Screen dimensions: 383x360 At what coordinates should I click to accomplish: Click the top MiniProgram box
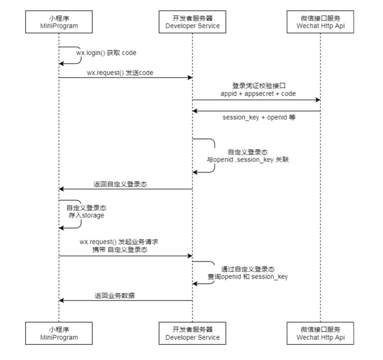(x=59, y=22)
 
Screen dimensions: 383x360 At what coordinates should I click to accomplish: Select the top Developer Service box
(x=192, y=22)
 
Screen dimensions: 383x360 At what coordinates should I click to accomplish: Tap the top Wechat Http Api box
(x=320, y=22)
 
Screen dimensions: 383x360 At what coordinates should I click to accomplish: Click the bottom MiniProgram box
(x=59, y=333)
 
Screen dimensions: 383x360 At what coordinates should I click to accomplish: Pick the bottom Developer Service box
(x=192, y=333)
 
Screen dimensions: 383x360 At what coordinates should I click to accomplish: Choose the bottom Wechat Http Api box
(x=320, y=333)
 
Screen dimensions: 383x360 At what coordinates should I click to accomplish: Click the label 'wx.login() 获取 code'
(x=106, y=53)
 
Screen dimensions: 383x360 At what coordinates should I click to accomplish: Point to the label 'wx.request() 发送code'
(x=120, y=73)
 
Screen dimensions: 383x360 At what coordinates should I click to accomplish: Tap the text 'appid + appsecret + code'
(x=258, y=94)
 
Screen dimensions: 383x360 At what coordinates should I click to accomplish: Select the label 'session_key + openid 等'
(x=259, y=118)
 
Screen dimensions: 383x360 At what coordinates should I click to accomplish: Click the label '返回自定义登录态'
(x=120, y=184)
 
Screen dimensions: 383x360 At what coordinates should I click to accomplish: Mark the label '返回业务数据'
(x=114, y=296)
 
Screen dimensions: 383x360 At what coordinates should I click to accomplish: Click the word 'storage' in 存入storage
(x=93, y=215)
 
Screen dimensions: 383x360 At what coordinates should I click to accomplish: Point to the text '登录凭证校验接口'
(x=259, y=86)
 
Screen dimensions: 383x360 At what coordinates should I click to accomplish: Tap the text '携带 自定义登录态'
(x=120, y=250)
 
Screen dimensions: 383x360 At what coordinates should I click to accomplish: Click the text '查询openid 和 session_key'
(x=248, y=277)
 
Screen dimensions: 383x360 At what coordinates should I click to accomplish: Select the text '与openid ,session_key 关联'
(x=248, y=160)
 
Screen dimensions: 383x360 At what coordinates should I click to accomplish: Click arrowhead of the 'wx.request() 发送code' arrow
(x=190, y=78)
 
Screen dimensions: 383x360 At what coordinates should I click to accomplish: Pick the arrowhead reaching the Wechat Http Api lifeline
(x=318, y=100)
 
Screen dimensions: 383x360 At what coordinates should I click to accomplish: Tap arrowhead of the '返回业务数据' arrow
(x=61, y=300)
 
